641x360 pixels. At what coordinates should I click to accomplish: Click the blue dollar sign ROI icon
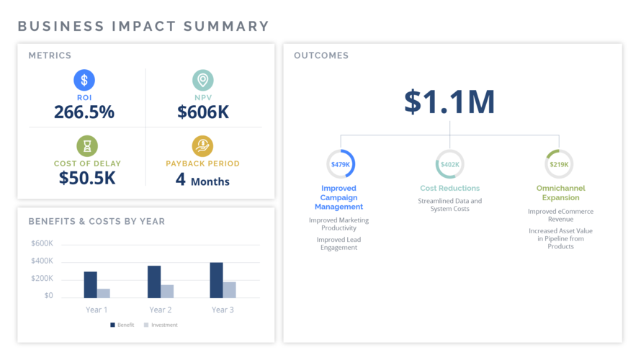point(84,80)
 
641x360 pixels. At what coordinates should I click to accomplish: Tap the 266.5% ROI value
point(84,112)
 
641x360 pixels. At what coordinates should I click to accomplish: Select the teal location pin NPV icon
point(203,80)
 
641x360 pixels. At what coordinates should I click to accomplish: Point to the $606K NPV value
point(203,112)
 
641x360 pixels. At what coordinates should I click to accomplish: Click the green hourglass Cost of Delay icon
point(87,146)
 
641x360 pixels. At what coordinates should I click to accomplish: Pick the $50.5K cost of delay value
point(87,178)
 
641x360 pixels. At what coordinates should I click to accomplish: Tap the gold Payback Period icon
point(202,146)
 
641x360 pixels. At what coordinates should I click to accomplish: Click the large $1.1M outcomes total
point(449,102)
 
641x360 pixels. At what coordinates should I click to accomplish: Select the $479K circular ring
point(341,164)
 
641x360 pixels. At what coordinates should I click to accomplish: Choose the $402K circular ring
point(450,164)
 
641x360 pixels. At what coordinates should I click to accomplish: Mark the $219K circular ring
point(559,164)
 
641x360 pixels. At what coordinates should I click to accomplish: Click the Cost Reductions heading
point(450,189)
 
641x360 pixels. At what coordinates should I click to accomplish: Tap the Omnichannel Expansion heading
point(560,193)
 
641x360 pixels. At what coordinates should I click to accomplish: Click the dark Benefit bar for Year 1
point(90,284)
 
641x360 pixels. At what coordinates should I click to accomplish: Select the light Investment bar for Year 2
point(167,291)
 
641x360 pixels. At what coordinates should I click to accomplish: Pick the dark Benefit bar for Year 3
point(216,280)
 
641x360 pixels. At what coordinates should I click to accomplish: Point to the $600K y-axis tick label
point(42,243)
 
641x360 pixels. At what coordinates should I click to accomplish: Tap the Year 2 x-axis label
point(161,310)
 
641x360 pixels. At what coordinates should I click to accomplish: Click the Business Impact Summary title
point(143,27)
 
